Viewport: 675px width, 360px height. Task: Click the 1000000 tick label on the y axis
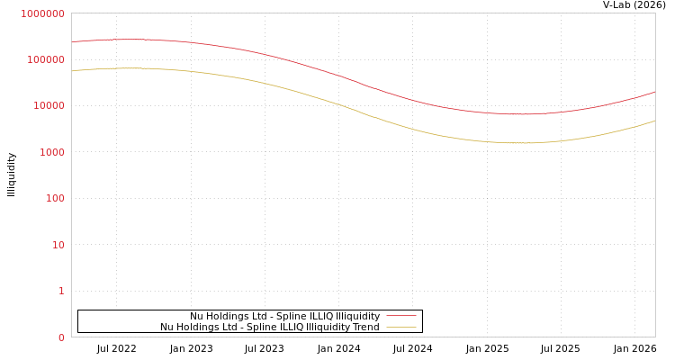pos(42,13)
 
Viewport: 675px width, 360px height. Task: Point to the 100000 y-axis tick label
pos(45,59)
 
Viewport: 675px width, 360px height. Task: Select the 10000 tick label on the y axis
pos(48,106)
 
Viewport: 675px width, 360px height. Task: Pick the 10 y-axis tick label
pos(58,245)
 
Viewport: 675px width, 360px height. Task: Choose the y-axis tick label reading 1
pos(61,291)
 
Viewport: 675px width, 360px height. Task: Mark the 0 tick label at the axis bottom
pos(61,337)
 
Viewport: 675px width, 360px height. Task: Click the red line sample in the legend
pos(401,316)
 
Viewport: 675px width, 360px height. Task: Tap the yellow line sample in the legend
pos(401,327)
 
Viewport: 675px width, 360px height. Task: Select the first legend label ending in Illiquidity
pos(284,316)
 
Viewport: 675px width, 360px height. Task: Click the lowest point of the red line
pos(522,114)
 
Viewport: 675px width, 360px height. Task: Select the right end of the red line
pos(655,92)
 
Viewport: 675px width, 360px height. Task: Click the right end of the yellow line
pos(655,121)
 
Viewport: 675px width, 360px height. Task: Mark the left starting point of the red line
pos(72,42)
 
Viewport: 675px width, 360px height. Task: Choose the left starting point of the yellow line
pos(72,71)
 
